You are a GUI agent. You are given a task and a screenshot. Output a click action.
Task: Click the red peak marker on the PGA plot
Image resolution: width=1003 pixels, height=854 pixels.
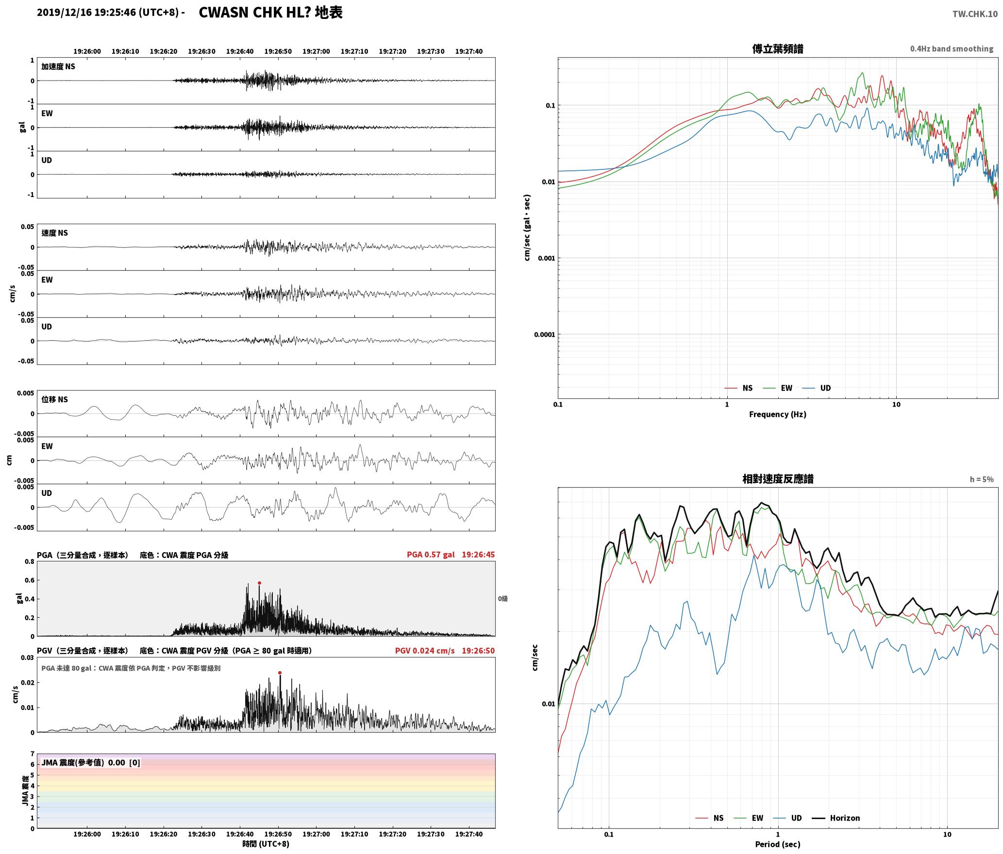tap(259, 583)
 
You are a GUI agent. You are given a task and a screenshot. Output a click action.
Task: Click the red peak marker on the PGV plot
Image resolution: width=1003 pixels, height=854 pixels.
tap(280, 673)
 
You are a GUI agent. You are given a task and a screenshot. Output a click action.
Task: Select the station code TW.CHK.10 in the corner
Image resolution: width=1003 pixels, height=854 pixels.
tap(975, 14)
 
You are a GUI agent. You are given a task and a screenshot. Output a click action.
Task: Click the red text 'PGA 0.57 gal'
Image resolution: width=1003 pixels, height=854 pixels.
tap(431, 555)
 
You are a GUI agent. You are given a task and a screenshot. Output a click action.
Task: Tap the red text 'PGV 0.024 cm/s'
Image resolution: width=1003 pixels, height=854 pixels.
tap(425, 651)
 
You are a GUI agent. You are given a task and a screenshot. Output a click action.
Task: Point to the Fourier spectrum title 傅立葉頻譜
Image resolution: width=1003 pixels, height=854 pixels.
tap(777, 49)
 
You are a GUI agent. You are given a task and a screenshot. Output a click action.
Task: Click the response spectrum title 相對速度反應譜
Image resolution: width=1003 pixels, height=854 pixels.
tap(778, 479)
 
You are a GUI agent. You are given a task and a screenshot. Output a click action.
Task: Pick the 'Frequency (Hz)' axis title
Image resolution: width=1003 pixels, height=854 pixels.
tap(777, 414)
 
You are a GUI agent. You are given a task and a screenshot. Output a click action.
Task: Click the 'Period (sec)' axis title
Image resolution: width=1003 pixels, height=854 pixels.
tap(777, 844)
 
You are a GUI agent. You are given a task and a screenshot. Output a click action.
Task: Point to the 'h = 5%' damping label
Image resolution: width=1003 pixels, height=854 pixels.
tap(982, 479)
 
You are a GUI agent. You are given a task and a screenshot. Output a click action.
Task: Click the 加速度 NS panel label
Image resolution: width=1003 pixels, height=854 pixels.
tap(58, 66)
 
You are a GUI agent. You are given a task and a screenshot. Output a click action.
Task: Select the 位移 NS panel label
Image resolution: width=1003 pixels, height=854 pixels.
tap(55, 399)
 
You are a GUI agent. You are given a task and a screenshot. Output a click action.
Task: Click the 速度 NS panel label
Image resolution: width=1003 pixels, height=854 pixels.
tap(55, 233)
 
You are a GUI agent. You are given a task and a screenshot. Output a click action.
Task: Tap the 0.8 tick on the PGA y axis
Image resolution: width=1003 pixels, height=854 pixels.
tap(30, 562)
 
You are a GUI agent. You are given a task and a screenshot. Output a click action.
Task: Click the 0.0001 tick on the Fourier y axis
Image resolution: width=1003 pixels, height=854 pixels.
tap(544, 334)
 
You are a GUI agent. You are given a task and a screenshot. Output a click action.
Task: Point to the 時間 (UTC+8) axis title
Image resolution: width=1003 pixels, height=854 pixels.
tap(266, 844)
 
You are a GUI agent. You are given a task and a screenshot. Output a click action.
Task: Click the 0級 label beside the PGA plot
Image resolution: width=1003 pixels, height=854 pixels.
tap(502, 599)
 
